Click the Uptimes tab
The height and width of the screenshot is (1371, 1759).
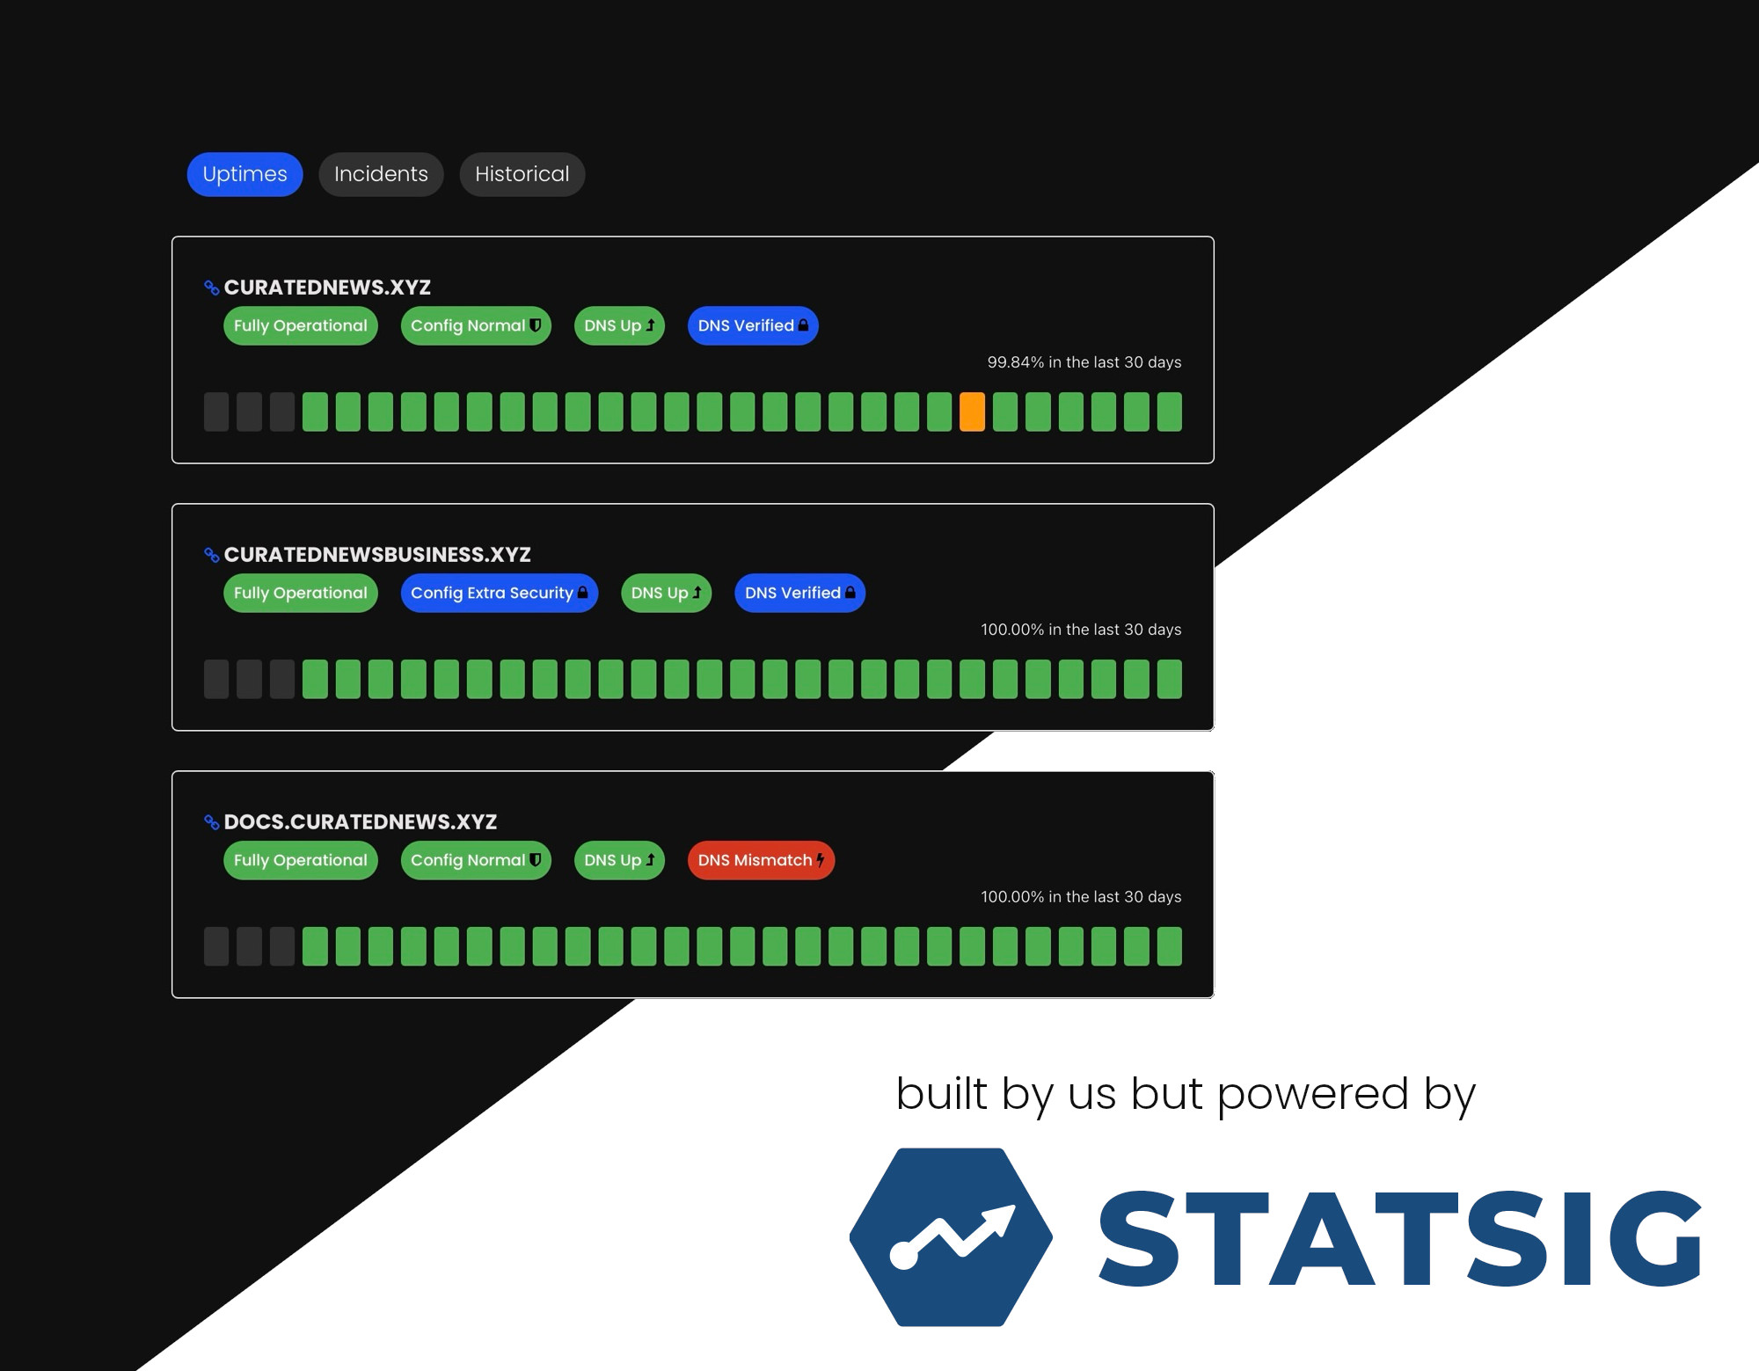coord(245,174)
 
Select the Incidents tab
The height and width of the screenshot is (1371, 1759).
coord(381,174)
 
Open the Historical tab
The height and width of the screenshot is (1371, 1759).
coord(522,174)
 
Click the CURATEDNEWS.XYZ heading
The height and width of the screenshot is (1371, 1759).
coord(327,288)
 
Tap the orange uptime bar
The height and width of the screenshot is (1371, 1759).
coord(972,412)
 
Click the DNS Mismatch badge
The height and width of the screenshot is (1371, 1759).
coord(761,860)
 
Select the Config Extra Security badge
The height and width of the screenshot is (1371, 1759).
coord(499,593)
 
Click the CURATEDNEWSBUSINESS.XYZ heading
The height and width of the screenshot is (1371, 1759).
coord(377,555)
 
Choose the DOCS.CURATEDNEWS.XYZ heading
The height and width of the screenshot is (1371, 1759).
coord(361,822)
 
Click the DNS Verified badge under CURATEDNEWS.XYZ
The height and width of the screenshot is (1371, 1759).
coord(753,325)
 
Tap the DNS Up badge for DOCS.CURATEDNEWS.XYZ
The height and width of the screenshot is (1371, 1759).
coord(619,860)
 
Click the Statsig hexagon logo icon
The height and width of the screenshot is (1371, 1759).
coord(951,1236)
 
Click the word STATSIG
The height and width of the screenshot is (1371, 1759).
coord(1400,1238)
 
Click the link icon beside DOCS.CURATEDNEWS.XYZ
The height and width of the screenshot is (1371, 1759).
coord(211,822)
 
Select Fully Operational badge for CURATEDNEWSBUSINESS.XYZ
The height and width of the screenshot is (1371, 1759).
coord(301,593)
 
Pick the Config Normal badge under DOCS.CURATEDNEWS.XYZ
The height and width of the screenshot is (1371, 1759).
coord(476,860)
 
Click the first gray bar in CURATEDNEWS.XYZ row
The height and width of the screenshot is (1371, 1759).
coord(216,412)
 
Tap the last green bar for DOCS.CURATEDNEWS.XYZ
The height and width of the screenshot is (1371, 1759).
coord(1170,946)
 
